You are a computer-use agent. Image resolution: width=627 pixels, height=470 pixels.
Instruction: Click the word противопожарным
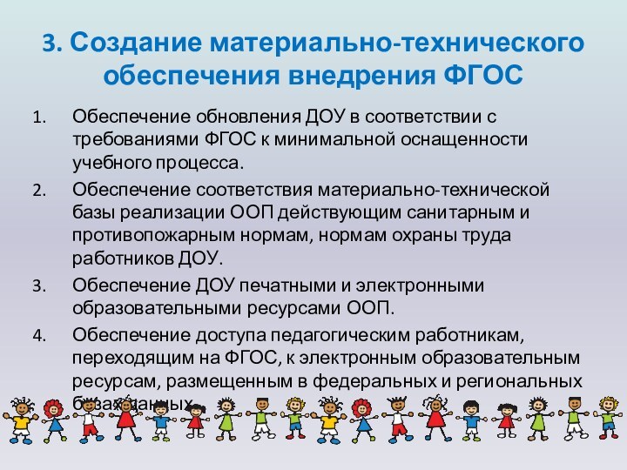(143, 236)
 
